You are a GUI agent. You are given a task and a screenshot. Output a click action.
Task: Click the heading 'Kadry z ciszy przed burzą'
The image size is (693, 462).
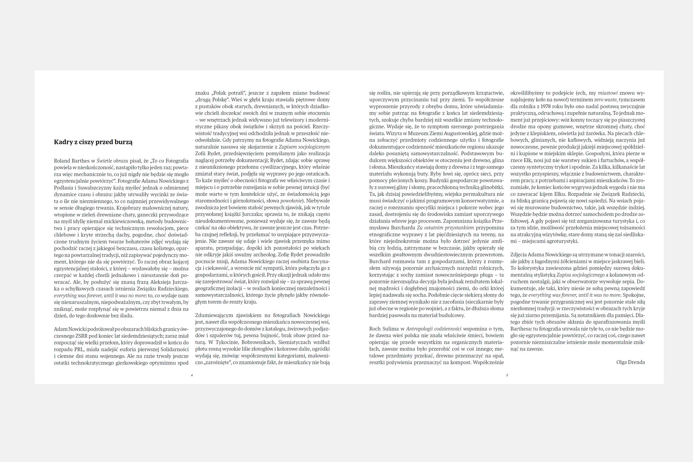click(93, 142)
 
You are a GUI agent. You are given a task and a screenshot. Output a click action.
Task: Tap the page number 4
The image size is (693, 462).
click(192, 375)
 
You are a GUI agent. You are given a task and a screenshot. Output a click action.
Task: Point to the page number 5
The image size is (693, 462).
click(507, 375)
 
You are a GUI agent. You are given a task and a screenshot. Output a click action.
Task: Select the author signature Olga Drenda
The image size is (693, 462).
click(630, 362)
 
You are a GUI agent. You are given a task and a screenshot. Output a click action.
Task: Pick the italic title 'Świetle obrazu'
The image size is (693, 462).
click(112, 160)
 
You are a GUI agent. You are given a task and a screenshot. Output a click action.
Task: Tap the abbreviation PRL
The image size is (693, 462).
click(79, 349)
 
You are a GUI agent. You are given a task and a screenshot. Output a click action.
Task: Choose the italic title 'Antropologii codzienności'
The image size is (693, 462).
click(433, 329)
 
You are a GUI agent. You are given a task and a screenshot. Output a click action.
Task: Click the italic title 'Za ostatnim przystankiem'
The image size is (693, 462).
click(445, 228)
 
